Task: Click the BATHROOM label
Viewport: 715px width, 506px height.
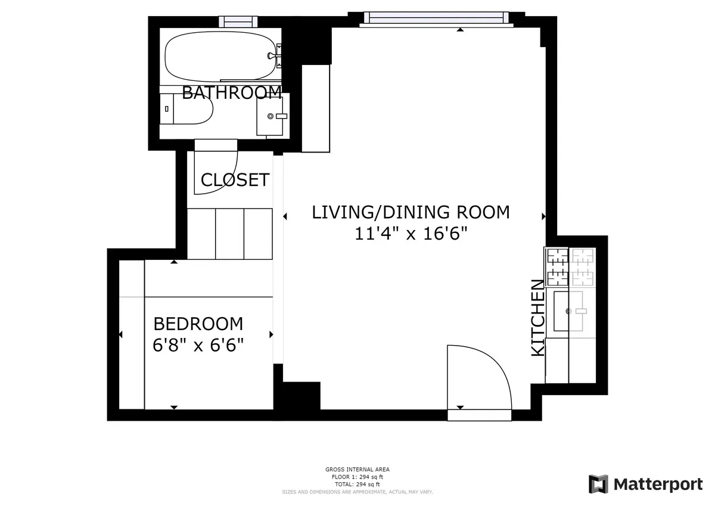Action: click(231, 93)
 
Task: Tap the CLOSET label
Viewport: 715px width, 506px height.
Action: click(235, 180)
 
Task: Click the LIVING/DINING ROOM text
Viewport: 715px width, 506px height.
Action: click(411, 212)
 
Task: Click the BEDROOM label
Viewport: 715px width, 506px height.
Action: click(198, 324)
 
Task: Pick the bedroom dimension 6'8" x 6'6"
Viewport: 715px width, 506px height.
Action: click(198, 345)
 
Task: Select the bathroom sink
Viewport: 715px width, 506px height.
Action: click(272, 116)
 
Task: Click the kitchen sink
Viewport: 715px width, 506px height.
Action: click(570, 311)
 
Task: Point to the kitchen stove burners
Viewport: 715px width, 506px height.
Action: click(570, 266)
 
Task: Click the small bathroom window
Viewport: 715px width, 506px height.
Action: click(238, 22)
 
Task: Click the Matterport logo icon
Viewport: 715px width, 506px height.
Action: click(598, 484)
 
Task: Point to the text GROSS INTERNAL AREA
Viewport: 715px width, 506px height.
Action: click(357, 470)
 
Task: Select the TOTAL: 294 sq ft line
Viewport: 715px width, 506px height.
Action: click(357, 484)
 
